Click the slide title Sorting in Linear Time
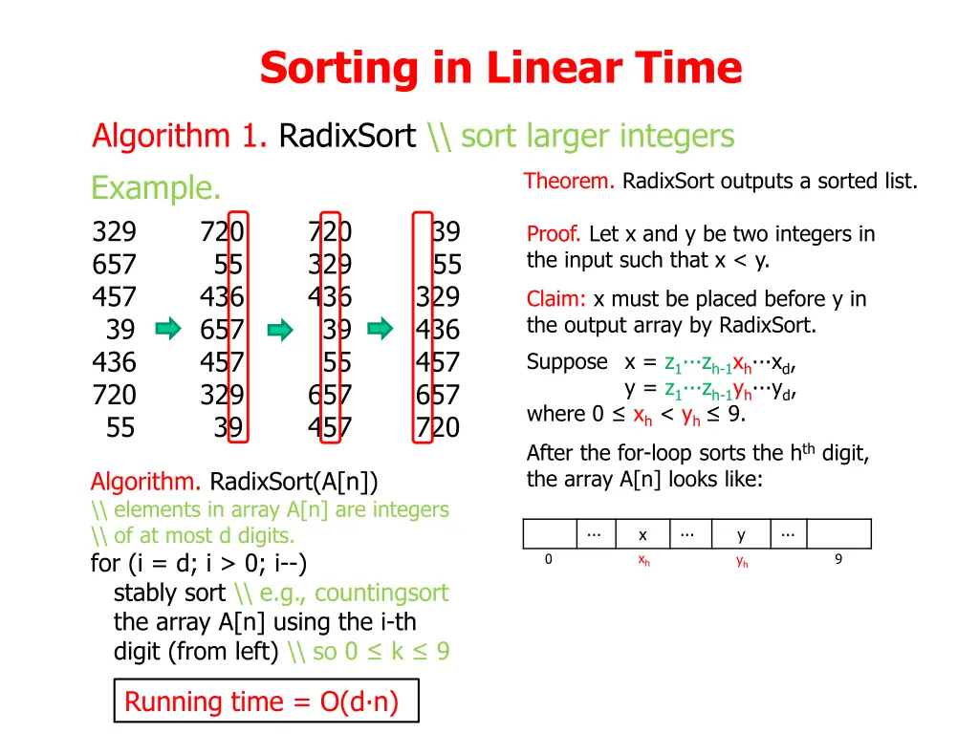click(x=500, y=69)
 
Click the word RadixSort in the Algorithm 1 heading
click(x=347, y=137)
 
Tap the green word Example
click(x=156, y=188)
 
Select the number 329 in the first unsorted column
click(x=114, y=232)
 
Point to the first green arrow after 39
click(x=168, y=331)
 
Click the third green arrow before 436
click(x=381, y=331)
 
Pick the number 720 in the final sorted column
click(x=437, y=427)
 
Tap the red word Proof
click(x=554, y=234)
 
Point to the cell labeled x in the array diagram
click(x=643, y=534)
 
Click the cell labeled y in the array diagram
click(x=741, y=534)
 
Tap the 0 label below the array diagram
click(x=548, y=560)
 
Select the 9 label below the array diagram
click(x=838, y=560)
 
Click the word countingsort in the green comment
click(x=381, y=593)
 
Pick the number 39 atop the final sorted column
click(x=446, y=232)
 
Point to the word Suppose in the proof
click(x=567, y=362)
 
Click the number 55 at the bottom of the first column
click(x=120, y=427)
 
